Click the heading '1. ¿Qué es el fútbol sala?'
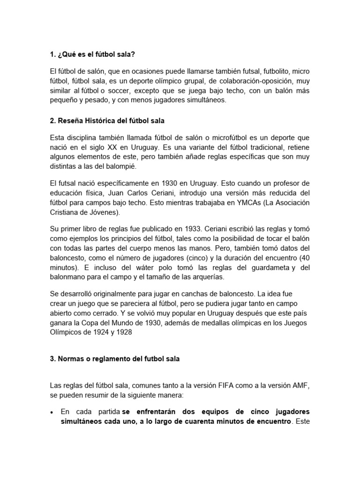coord(92,55)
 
